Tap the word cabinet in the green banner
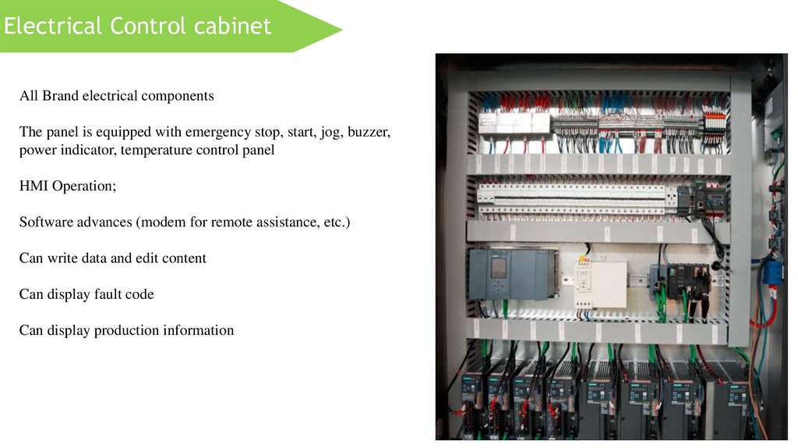click(x=233, y=26)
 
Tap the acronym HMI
click(x=34, y=187)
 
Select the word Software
click(x=46, y=222)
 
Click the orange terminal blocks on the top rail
click(x=715, y=124)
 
